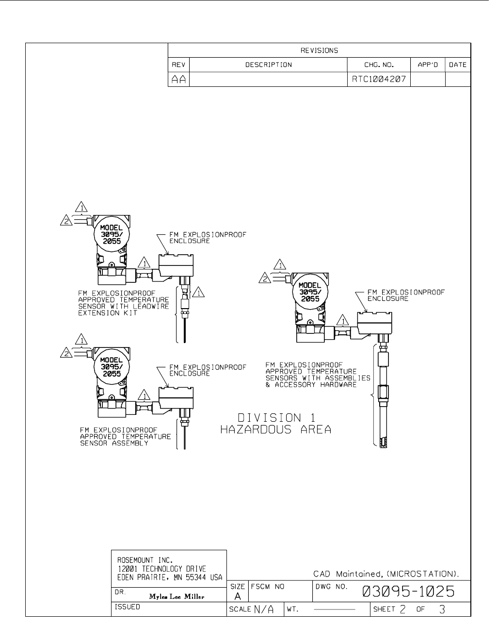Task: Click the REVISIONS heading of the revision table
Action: [319, 50]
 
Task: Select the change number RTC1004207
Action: [379, 79]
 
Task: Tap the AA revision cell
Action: [179, 80]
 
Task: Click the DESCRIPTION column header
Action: [269, 65]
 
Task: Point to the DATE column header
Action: [458, 65]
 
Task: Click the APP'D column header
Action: [427, 65]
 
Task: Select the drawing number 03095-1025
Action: [408, 592]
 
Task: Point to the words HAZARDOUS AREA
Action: [276, 429]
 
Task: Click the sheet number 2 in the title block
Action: [402, 608]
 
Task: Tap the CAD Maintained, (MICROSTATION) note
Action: [386, 574]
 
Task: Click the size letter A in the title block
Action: [238, 596]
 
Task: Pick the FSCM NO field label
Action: [267, 587]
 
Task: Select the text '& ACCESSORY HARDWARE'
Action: [311, 385]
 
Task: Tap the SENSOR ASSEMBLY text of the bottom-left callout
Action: [114, 443]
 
